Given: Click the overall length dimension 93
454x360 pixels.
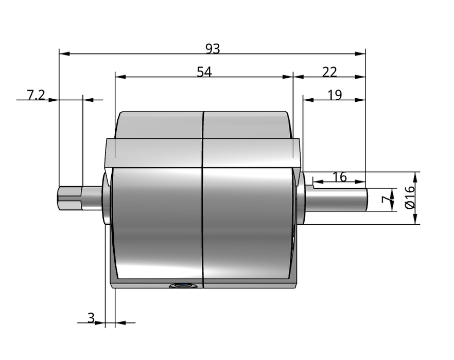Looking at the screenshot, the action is [x=213, y=49].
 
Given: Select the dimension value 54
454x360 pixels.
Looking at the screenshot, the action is [x=204, y=72].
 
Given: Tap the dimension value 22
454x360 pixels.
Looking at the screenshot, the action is [x=329, y=72].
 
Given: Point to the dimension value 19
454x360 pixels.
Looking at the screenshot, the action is [x=335, y=95].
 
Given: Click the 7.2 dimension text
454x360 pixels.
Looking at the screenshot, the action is [x=36, y=95].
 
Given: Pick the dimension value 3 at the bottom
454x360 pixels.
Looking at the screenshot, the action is [x=91, y=318].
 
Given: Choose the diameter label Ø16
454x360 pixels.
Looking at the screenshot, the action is [x=410, y=197].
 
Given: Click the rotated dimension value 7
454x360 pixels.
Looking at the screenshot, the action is [x=386, y=200].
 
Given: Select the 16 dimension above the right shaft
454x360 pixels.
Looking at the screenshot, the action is [x=340, y=177].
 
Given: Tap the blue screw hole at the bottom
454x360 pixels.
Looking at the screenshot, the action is [x=184, y=286].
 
